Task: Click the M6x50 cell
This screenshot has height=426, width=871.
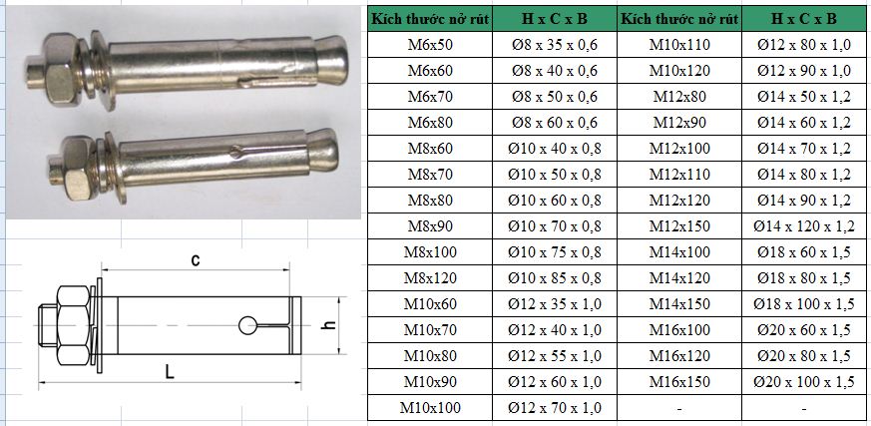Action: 429,44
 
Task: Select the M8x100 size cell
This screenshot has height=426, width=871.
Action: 429,251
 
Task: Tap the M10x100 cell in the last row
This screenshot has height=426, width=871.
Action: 429,407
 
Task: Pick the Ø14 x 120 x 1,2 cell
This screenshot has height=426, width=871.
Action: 804,225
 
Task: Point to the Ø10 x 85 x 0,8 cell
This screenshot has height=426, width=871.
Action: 554,277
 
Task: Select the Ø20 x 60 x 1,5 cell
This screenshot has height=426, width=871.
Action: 804,329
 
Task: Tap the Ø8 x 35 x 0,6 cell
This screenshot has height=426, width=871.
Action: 554,44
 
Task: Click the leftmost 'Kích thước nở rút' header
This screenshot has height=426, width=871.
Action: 429,18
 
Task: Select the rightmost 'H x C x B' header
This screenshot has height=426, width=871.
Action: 804,18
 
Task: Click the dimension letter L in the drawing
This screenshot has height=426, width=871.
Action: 170,372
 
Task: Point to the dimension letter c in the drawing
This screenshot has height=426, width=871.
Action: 196,261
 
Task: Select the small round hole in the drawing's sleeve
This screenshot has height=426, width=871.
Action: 245,325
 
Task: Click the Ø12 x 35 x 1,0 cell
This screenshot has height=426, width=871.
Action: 554,303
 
